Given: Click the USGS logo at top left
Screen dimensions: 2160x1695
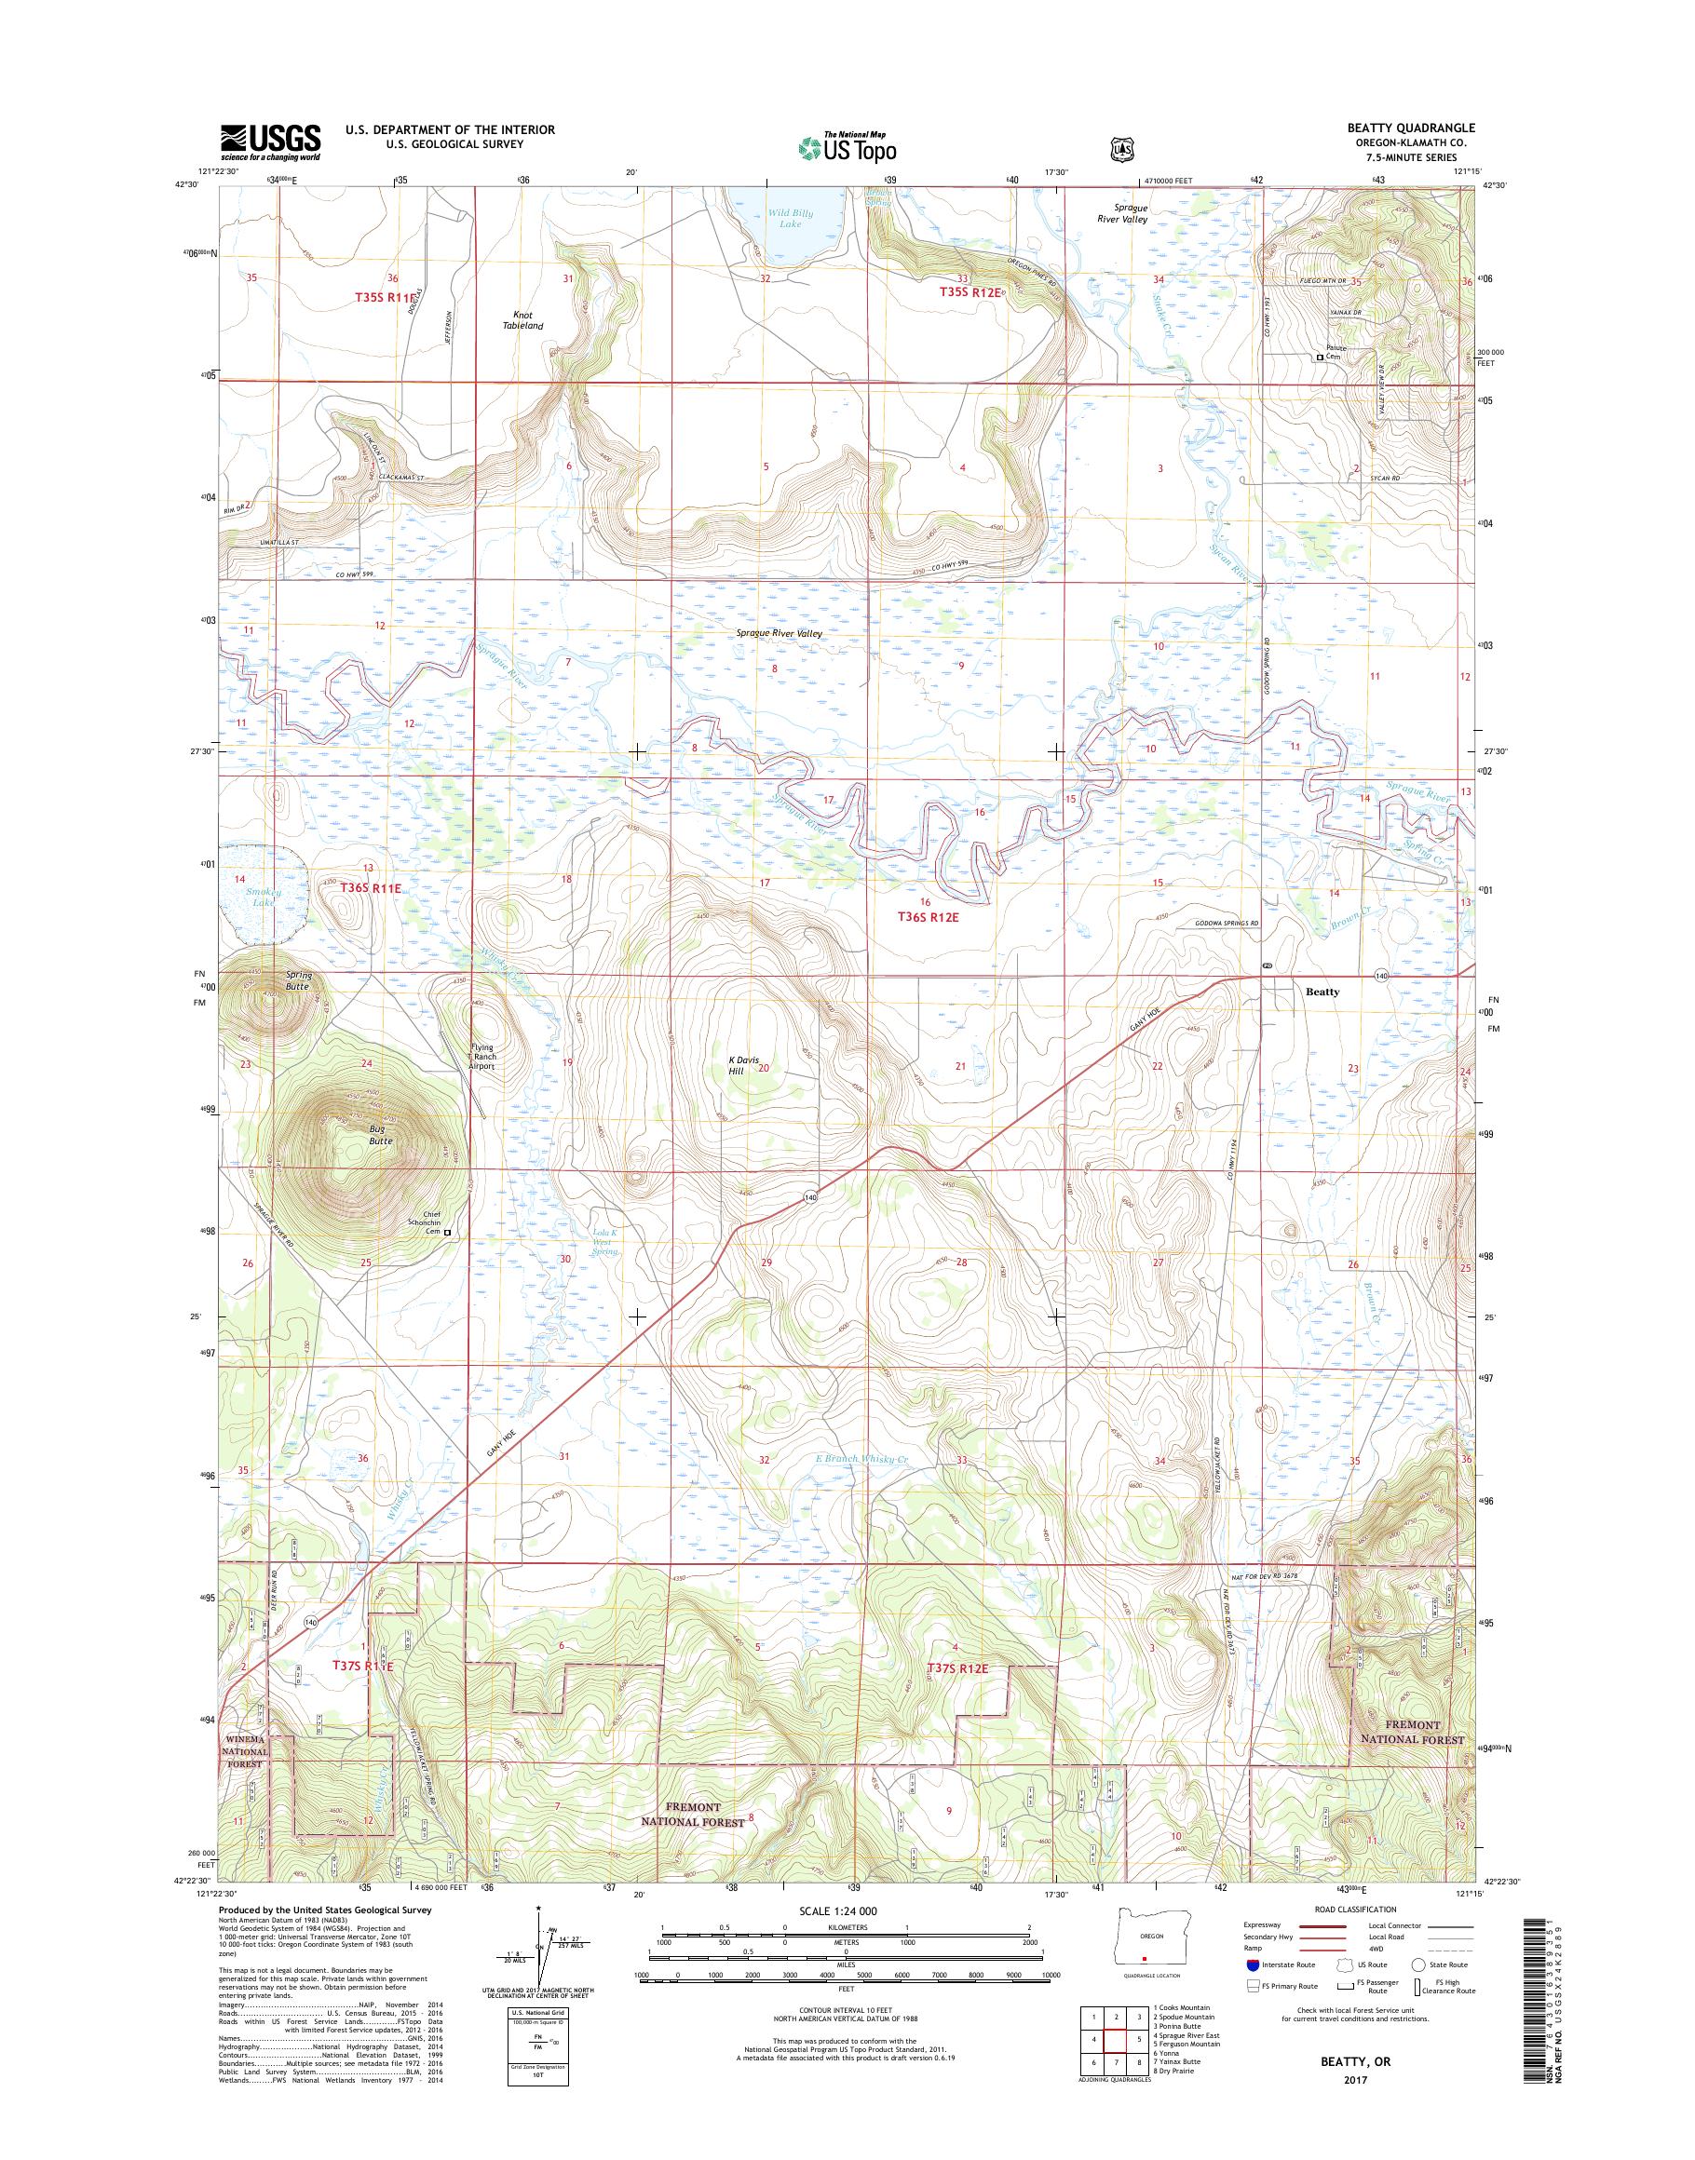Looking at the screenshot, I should tap(269, 142).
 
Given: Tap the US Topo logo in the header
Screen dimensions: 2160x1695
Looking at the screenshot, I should tap(847, 147).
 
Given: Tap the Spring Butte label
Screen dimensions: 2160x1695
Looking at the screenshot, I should tap(298, 980).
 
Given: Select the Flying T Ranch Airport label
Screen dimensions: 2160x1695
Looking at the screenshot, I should tap(482, 1058).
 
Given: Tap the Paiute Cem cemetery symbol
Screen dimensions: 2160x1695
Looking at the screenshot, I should tap(1319, 358).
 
